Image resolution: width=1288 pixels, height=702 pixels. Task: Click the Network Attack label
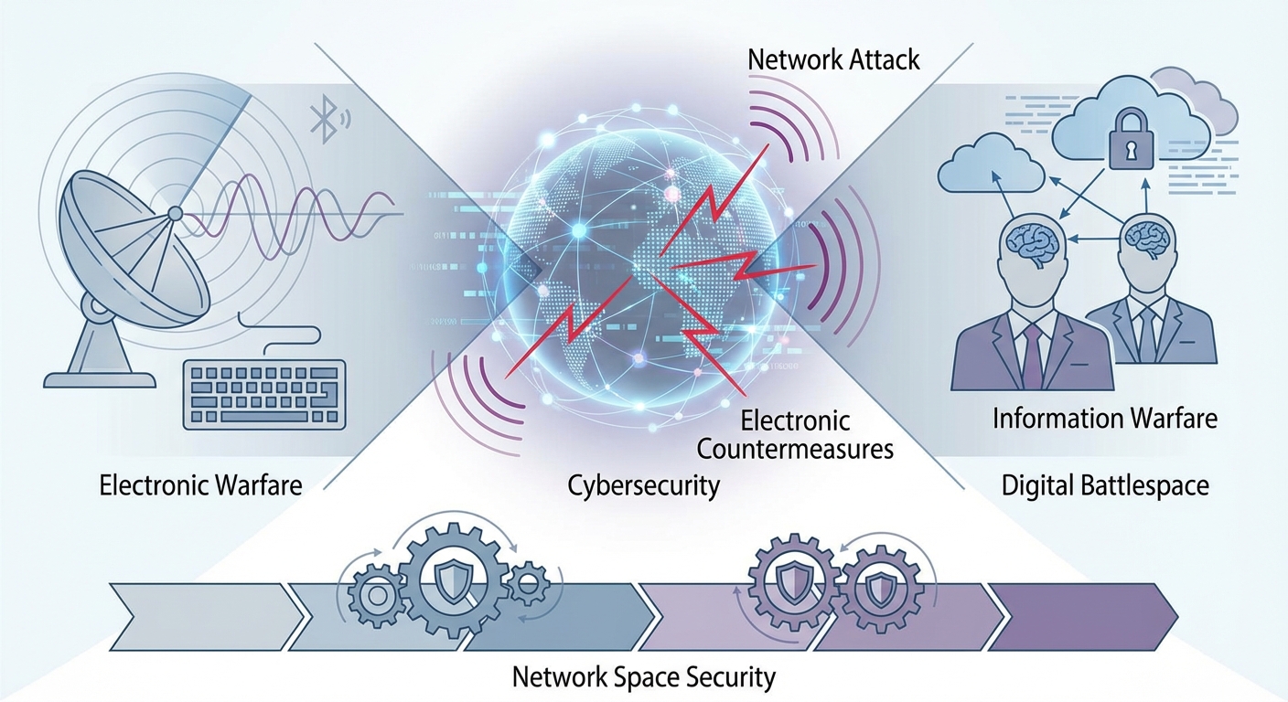point(833,59)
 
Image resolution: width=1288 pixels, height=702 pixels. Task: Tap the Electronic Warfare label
point(200,485)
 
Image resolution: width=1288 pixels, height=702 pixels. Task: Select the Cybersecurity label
point(643,486)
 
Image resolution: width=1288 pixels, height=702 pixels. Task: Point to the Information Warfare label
point(1104,419)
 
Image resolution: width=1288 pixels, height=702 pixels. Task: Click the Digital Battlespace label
point(1105,486)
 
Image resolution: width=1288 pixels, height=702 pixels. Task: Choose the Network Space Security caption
point(643,676)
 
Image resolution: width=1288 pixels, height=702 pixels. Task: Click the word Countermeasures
point(795,449)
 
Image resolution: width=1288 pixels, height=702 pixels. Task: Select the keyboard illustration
point(264,395)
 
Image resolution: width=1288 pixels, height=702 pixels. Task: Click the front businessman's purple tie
point(1032,356)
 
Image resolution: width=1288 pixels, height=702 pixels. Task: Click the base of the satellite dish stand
point(100,379)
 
